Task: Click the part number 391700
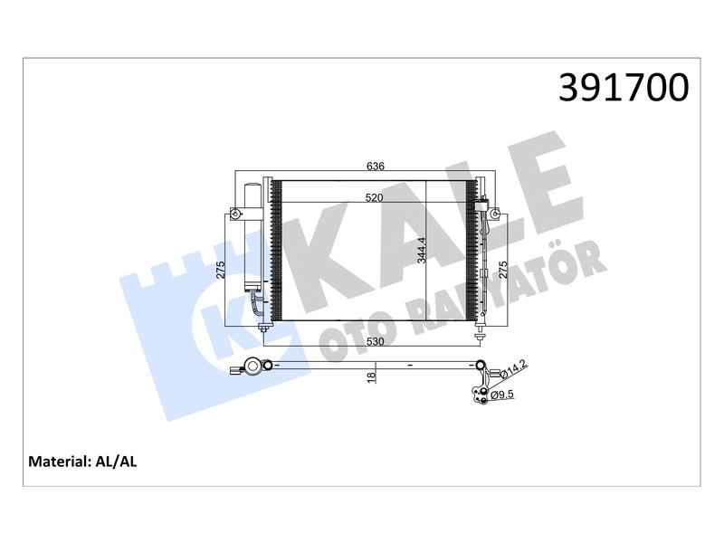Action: click(x=624, y=87)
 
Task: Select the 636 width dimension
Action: click(x=375, y=166)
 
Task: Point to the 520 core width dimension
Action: click(x=374, y=197)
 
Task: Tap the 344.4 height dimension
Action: click(x=422, y=251)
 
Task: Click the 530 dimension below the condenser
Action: click(x=375, y=342)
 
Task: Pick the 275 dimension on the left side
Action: click(x=220, y=270)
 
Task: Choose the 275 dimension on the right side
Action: click(x=502, y=270)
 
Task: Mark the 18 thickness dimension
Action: click(x=371, y=377)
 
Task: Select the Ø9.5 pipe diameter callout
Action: click(x=502, y=395)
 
